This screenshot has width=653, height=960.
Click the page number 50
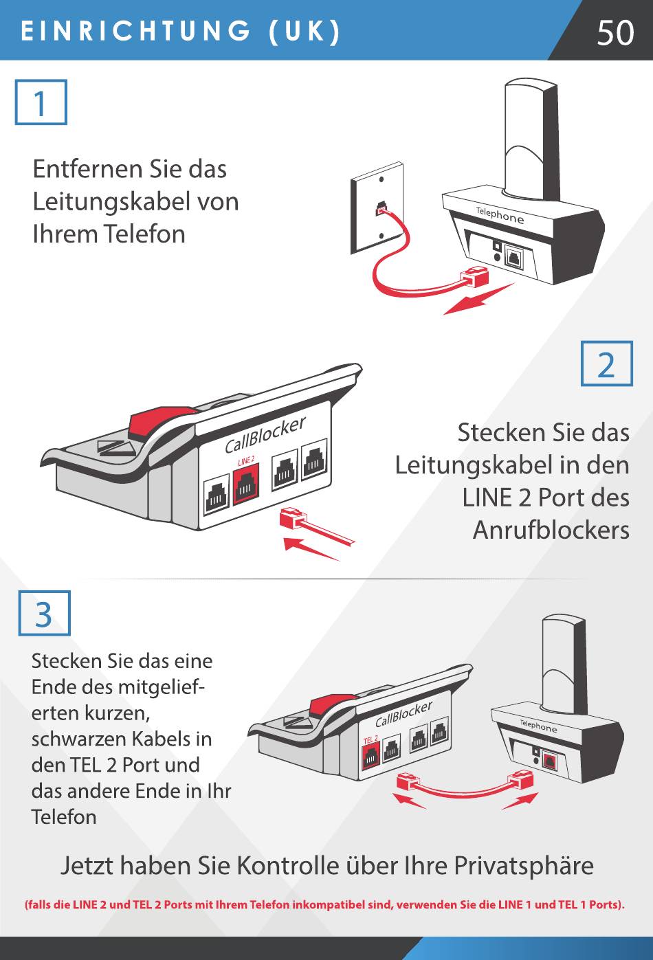click(615, 32)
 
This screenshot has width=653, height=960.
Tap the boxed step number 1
click(41, 102)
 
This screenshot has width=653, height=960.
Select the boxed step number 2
click(606, 364)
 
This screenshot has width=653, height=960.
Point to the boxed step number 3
click(44, 614)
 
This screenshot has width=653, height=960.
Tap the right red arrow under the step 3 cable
click(520, 801)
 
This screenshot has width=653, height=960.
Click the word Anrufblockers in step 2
click(551, 530)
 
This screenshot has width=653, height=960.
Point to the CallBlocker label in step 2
click(265, 435)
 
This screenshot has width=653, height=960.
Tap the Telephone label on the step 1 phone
click(500, 215)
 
